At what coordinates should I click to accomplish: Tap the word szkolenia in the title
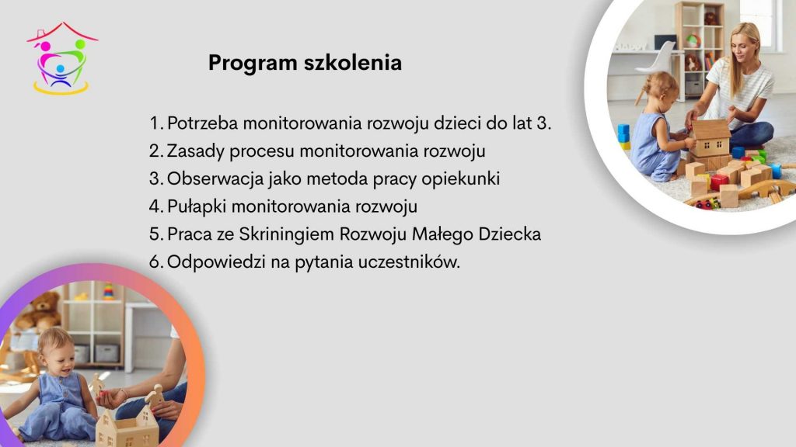(x=353, y=62)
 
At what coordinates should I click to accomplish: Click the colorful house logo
(x=62, y=58)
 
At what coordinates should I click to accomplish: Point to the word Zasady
(x=195, y=151)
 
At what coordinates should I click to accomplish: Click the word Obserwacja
(x=215, y=179)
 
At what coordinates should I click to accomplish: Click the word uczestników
(x=409, y=262)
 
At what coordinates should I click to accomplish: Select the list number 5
(x=155, y=234)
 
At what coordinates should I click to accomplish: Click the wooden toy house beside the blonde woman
(x=710, y=137)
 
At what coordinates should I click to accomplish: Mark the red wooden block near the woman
(x=719, y=182)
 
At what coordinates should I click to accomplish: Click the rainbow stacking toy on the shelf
(x=108, y=292)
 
